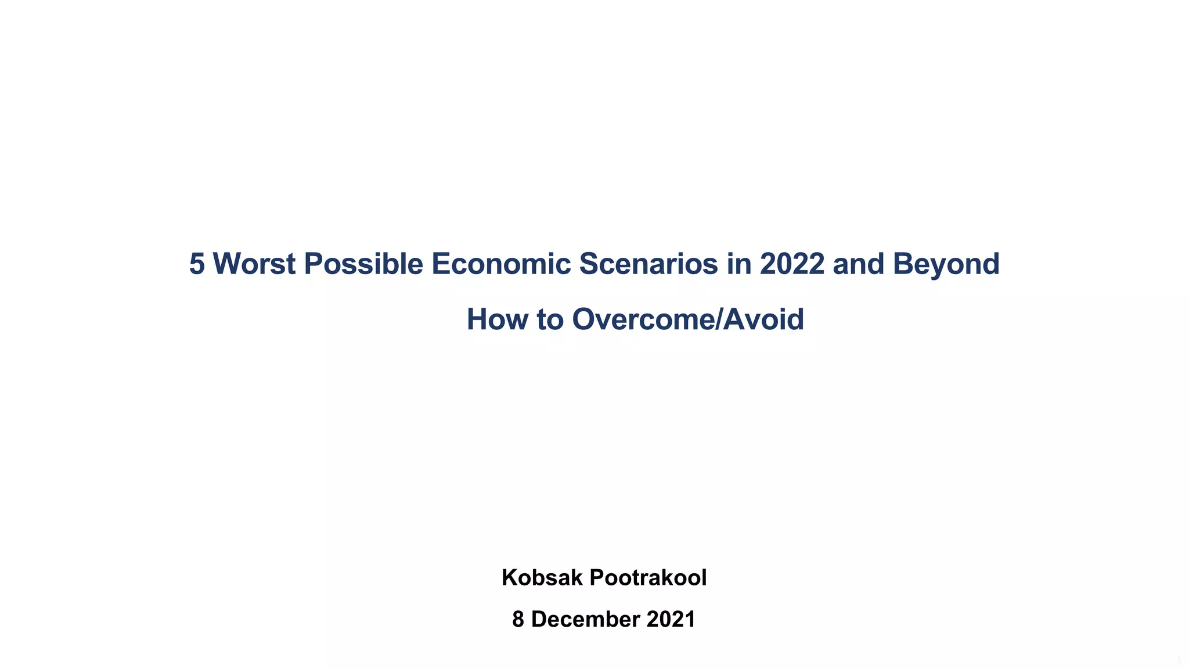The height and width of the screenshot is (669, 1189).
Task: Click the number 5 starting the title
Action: [197, 264]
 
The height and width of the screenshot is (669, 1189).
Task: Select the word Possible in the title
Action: [363, 264]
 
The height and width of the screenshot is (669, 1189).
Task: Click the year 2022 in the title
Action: [792, 264]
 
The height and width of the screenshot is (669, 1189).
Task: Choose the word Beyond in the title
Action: [946, 264]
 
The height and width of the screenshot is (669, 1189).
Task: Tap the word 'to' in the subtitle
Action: [550, 319]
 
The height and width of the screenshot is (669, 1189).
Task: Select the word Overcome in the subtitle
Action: [644, 319]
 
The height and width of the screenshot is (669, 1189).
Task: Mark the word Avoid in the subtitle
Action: [763, 319]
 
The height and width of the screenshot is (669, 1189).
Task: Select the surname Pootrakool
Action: [648, 578]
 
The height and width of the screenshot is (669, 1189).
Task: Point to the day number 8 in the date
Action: [518, 620]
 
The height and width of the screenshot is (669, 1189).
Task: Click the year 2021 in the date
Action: [671, 620]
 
